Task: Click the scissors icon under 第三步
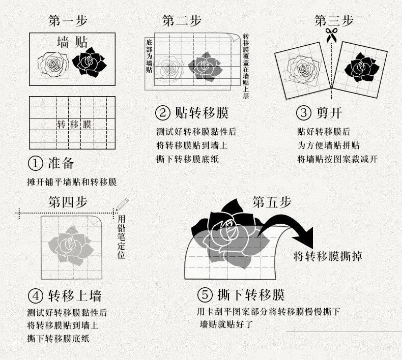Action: (331, 35)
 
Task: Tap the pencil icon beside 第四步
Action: (122, 204)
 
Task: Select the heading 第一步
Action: (68, 20)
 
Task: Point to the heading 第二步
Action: (182, 20)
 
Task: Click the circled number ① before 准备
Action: (36, 163)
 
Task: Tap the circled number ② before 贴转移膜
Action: (163, 113)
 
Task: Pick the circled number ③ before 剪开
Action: (304, 113)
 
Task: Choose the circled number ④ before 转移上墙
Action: (36, 296)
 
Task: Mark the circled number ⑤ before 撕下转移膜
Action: (205, 295)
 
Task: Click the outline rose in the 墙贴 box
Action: (53, 65)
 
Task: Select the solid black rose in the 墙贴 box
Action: (89, 62)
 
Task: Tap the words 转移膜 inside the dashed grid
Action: (74, 125)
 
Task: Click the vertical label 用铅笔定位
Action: (121, 237)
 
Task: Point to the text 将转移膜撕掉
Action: (328, 256)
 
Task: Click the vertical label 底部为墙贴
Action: (149, 56)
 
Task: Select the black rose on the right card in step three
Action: (362, 68)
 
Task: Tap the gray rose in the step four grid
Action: (71, 245)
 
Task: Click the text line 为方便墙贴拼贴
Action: (328, 145)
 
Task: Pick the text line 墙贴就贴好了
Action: (226, 324)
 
